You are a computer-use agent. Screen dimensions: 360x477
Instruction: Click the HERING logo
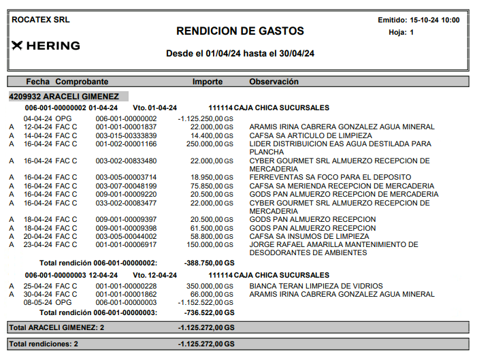(x=46, y=46)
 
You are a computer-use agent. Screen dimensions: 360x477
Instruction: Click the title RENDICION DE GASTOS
(x=240, y=31)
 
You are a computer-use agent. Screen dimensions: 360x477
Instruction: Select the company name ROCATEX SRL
(x=41, y=20)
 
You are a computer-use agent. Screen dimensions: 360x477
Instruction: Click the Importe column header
(x=207, y=82)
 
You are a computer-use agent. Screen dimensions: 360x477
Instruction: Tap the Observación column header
(x=274, y=82)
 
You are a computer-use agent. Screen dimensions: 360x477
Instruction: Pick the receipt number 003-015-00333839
(x=126, y=135)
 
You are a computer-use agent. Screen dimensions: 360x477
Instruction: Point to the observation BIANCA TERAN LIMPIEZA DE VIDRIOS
(x=316, y=286)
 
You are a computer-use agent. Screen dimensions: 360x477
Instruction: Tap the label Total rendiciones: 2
(x=44, y=344)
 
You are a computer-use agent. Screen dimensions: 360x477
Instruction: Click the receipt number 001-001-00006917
(x=126, y=244)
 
